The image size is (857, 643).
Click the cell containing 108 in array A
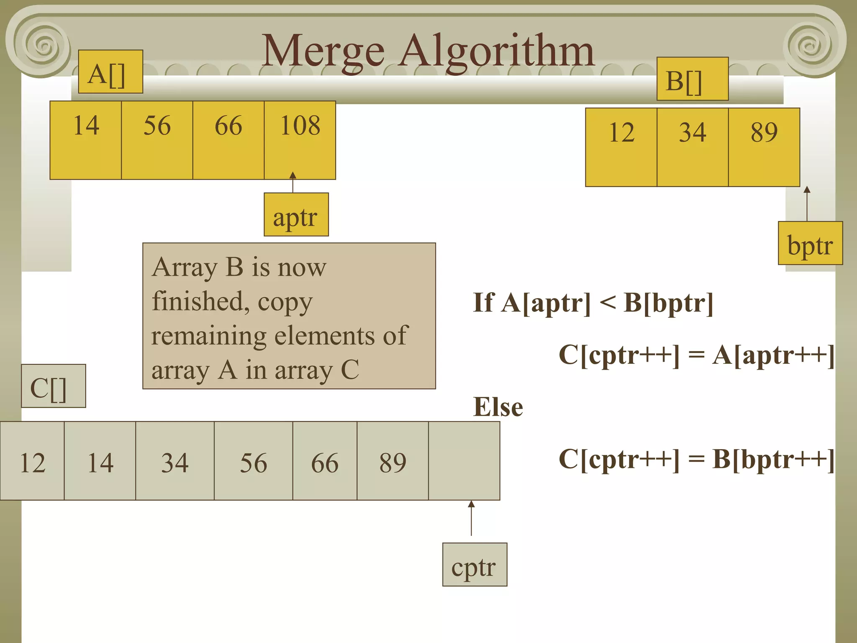(300, 140)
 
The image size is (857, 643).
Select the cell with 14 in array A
(86, 140)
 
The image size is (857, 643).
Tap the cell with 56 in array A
(157, 140)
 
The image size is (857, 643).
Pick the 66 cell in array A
(228, 140)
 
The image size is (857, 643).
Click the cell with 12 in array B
(621, 147)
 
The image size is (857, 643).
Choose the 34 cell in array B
(693, 147)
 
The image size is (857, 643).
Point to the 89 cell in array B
(764, 147)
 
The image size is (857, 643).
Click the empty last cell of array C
(464, 460)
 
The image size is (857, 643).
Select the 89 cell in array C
(393, 460)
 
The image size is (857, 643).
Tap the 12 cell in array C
(32, 460)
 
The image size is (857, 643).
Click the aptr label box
(296, 214)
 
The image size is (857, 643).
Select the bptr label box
(810, 243)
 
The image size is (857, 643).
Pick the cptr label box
(475, 564)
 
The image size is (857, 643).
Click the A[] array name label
(110, 72)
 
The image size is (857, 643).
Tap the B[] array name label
(692, 79)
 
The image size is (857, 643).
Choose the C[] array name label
(54, 386)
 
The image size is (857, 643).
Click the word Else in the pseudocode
(498, 406)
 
